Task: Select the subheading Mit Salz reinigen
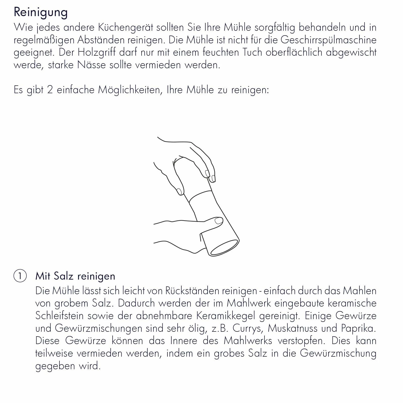pos(75,276)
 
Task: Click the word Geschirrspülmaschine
pos(328,40)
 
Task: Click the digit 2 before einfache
pos(50,90)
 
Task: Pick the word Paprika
pos(359,328)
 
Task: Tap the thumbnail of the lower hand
pos(219,221)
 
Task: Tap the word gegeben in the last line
pos(55,366)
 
